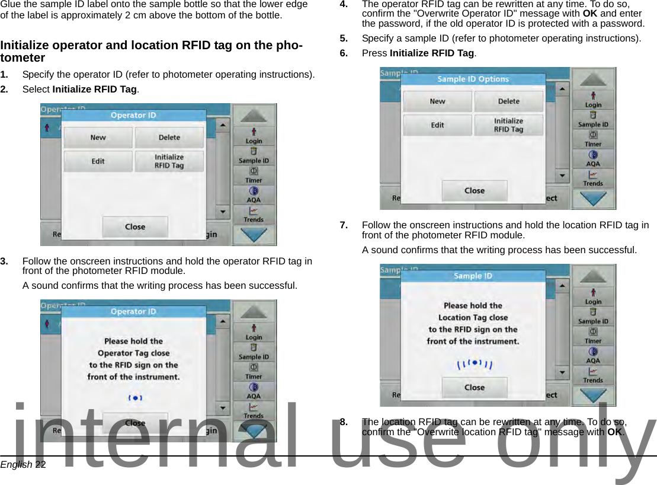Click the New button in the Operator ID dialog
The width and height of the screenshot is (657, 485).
(98, 138)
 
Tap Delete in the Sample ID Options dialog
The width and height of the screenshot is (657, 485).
(508, 101)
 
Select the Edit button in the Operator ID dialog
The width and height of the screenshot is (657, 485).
(98, 161)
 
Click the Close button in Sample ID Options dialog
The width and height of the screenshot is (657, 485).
(474, 191)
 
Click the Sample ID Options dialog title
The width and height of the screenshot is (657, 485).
(473, 79)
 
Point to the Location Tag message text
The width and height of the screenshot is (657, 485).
(473, 323)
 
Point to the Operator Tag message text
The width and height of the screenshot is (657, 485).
(133, 359)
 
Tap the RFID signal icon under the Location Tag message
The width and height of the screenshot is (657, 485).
(474, 364)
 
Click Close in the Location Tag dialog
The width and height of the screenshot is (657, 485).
(474, 388)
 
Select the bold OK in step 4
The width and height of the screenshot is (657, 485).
(589, 14)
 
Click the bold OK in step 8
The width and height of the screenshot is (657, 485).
(615, 432)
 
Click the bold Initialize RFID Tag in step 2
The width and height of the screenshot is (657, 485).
(95, 90)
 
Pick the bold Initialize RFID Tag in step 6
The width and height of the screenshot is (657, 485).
(432, 53)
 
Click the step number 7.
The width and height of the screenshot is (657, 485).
(343, 225)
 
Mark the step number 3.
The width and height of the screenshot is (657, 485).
(4, 261)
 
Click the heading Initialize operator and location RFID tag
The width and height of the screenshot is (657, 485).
(151, 51)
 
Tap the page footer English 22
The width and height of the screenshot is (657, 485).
(23, 465)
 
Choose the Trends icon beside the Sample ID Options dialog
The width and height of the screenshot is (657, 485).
(593, 178)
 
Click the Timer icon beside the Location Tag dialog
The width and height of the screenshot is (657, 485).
(593, 336)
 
